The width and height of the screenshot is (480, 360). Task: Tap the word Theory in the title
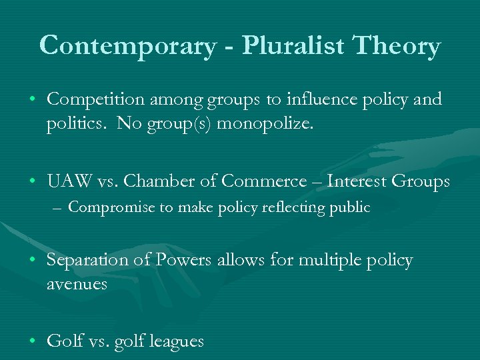point(399,46)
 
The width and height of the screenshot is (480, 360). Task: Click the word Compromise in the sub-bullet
point(113,207)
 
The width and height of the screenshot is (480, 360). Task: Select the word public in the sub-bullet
point(353,207)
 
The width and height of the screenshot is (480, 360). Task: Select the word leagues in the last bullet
point(177,342)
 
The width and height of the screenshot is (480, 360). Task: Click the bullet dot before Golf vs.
point(33,341)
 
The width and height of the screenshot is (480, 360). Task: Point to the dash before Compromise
point(58,208)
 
